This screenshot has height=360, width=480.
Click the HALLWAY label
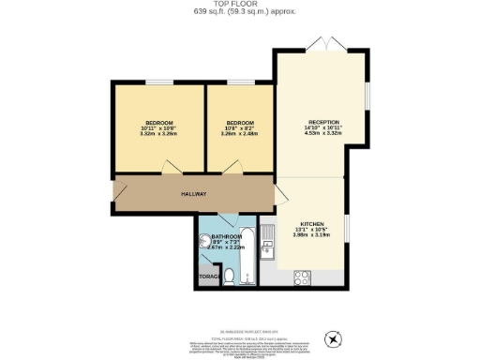(193, 194)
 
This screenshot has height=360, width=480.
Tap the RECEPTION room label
(322, 123)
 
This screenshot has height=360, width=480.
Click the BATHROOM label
(226, 236)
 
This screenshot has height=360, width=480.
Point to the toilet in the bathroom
(231, 275)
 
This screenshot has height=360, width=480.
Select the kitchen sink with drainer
(268, 242)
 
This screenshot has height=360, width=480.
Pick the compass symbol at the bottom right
(330, 338)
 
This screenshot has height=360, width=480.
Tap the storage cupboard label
(208, 277)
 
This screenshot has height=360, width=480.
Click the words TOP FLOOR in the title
(239, 5)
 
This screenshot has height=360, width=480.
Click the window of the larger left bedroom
(157, 82)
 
